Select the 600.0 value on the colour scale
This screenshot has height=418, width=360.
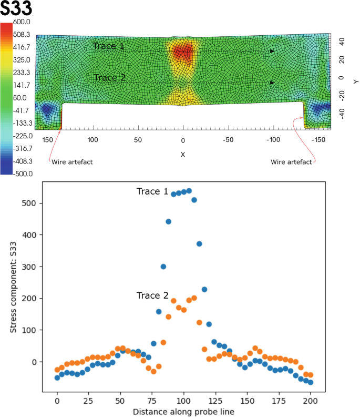tap(24, 22)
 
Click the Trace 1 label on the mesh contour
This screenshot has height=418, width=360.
tap(109, 46)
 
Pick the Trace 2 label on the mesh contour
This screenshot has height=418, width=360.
tap(109, 78)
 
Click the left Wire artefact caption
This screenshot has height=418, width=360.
tap(72, 162)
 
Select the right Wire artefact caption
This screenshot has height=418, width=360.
tap(291, 162)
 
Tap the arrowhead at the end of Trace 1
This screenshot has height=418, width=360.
tap(272, 52)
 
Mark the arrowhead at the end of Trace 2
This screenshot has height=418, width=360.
tap(272, 83)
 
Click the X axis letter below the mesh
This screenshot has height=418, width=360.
tap(183, 155)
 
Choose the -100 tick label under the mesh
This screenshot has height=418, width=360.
tap(273, 140)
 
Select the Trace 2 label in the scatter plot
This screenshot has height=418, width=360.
tap(152, 295)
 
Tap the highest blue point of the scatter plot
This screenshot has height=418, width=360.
tap(189, 191)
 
